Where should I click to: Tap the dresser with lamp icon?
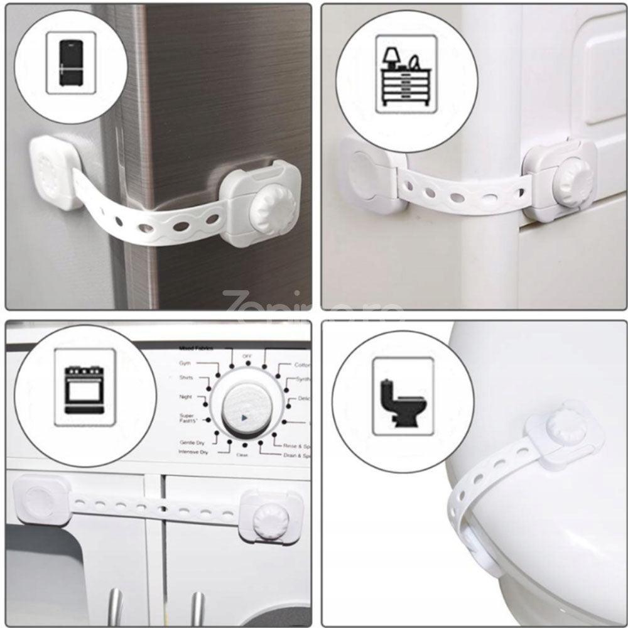(x=406, y=74)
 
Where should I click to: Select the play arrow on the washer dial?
(x=245, y=416)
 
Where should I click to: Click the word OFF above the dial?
(x=247, y=356)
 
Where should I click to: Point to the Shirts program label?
(x=186, y=378)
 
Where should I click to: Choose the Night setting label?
(x=185, y=397)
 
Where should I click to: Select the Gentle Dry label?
(x=192, y=443)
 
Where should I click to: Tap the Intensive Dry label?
(x=193, y=452)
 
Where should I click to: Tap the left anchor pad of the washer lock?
(x=42, y=498)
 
